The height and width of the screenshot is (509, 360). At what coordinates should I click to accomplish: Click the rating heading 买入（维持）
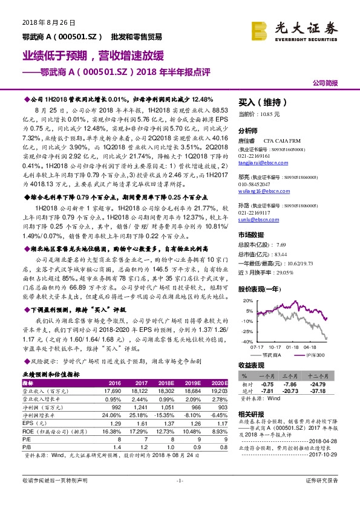tap(263, 102)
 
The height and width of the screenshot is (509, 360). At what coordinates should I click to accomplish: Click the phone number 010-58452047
tap(255, 184)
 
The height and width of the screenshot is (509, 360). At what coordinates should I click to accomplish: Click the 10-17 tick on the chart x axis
tap(275, 347)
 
